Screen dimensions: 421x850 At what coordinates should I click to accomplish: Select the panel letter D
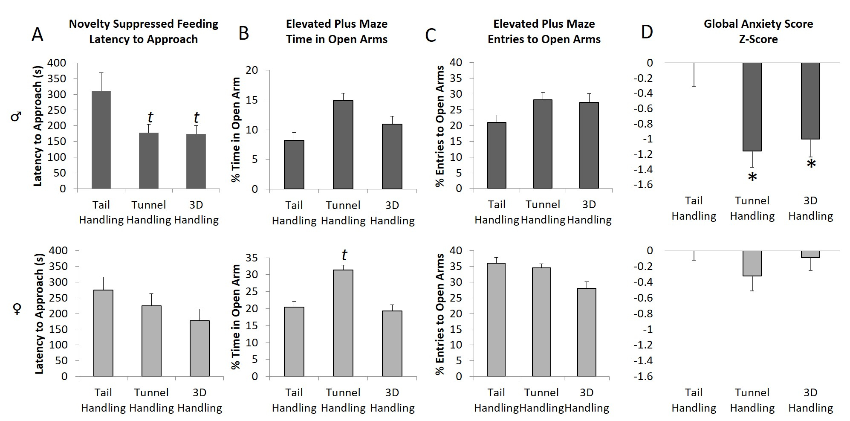click(x=647, y=32)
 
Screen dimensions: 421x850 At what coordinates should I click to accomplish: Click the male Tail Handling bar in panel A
click(x=101, y=139)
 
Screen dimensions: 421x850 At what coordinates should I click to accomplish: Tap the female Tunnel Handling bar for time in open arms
click(x=343, y=323)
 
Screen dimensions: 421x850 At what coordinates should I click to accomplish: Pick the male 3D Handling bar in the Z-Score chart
click(x=810, y=101)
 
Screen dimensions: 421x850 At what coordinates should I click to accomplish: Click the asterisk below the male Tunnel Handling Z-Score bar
click(x=752, y=177)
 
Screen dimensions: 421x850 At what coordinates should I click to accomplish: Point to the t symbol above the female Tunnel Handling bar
click(x=344, y=255)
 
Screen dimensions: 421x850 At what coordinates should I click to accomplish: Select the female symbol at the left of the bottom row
click(x=17, y=309)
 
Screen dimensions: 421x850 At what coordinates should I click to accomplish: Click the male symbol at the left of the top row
click(x=16, y=116)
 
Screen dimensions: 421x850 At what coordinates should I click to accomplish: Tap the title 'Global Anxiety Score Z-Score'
click(x=758, y=32)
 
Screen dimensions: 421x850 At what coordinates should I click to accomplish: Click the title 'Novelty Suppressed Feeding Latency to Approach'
click(x=143, y=32)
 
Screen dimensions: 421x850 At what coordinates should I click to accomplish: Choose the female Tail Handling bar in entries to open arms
click(x=496, y=319)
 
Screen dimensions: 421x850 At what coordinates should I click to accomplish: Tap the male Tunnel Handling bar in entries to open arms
click(x=543, y=144)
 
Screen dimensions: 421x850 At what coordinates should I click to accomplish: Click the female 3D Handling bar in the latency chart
click(x=199, y=348)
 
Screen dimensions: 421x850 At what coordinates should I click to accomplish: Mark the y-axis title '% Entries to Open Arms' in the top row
click(x=440, y=126)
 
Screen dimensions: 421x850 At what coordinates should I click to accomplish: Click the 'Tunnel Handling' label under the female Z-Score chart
click(x=752, y=400)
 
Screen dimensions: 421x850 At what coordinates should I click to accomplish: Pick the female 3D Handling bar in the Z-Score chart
click(x=810, y=254)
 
